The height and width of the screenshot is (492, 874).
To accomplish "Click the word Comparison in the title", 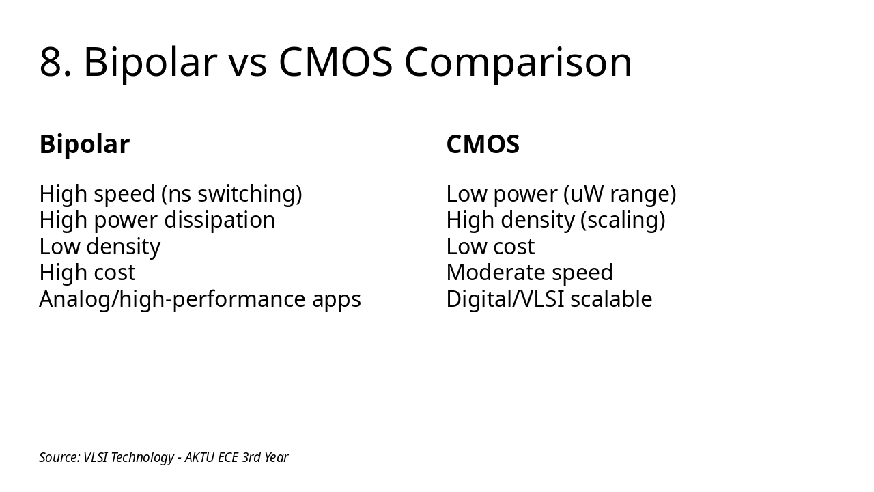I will pyautogui.click(x=518, y=62).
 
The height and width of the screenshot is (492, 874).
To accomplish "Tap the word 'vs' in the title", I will pyautogui.click(x=247, y=62).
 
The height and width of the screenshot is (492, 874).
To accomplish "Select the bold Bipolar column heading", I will pyautogui.click(x=84, y=144).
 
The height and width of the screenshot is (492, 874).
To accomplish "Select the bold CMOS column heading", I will pyautogui.click(x=483, y=144).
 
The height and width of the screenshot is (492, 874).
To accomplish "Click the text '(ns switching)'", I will pyautogui.click(x=231, y=194).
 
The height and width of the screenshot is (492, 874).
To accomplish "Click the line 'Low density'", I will pyautogui.click(x=100, y=246).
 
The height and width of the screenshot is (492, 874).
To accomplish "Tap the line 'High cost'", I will pyautogui.click(x=87, y=273).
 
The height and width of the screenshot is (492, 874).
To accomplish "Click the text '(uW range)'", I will pyautogui.click(x=619, y=194).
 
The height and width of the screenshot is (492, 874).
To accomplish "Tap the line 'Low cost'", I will pyautogui.click(x=490, y=246).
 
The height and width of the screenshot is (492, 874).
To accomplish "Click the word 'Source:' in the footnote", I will pyautogui.click(x=59, y=457).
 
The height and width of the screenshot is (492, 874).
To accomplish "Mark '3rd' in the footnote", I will pyautogui.click(x=251, y=457).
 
